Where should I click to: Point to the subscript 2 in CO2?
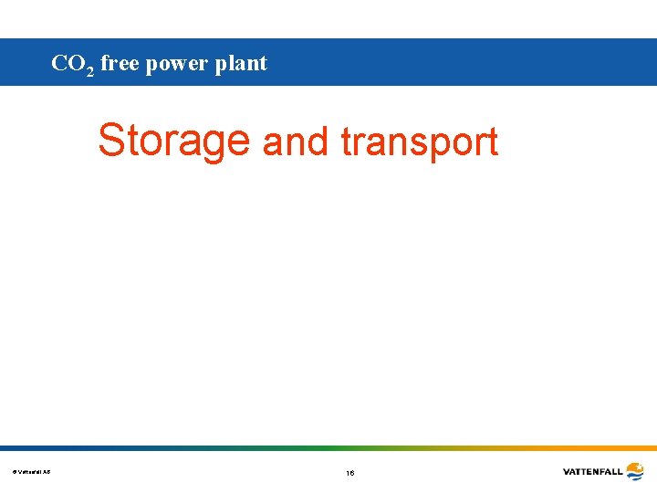(89, 70)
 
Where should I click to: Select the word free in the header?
(119, 63)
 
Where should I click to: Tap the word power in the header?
(178, 65)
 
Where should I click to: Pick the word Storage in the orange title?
(173, 141)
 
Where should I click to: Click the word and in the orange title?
(295, 142)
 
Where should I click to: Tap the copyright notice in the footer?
(32, 471)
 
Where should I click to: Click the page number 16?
(350, 473)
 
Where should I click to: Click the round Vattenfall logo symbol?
(634, 471)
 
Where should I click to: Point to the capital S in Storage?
(111, 140)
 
